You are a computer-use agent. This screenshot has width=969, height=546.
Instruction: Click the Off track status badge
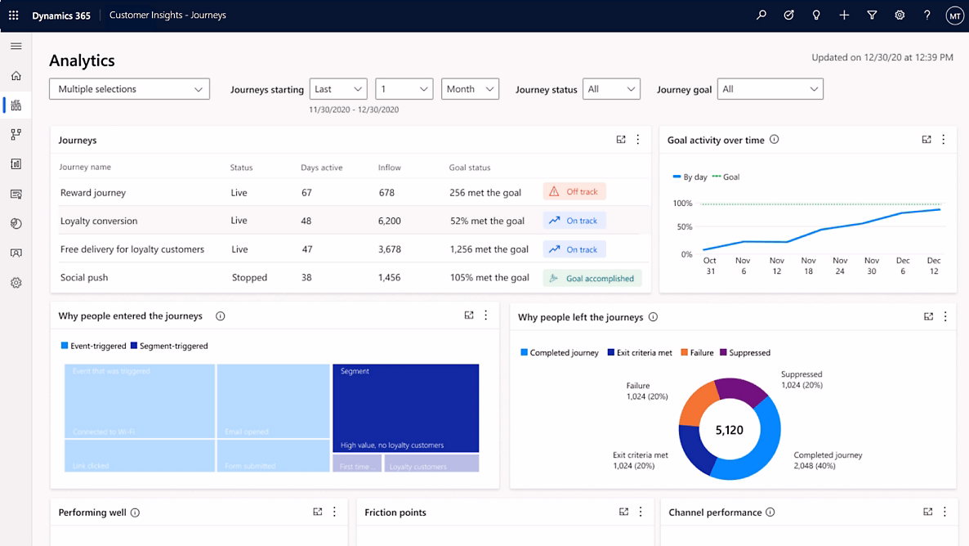click(x=574, y=192)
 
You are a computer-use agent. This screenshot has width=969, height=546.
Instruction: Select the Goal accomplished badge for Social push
click(x=592, y=278)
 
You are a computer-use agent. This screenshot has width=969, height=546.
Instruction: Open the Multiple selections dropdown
click(x=129, y=89)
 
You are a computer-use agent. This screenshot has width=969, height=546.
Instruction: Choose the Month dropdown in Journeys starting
click(x=470, y=89)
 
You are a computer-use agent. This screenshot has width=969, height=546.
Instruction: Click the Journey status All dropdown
click(x=611, y=89)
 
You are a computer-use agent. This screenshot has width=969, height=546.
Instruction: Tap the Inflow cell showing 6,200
click(x=389, y=221)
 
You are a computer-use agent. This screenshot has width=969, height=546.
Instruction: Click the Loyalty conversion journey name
click(x=99, y=221)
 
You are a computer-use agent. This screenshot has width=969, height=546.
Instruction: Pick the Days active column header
click(x=321, y=168)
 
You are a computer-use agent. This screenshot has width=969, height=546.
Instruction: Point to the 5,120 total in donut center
click(x=729, y=429)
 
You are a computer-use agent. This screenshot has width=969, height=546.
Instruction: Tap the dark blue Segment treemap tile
click(x=405, y=407)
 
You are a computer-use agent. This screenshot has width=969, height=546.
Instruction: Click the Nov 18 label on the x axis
click(x=807, y=266)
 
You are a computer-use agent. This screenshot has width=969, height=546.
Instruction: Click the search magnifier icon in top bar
click(x=761, y=15)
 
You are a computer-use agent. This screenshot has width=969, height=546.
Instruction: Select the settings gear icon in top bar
click(x=900, y=15)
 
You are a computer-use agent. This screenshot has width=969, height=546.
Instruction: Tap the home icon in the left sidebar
click(x=16, y=76)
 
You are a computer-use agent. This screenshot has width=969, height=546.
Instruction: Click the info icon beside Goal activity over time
click(x=774, y=140)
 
